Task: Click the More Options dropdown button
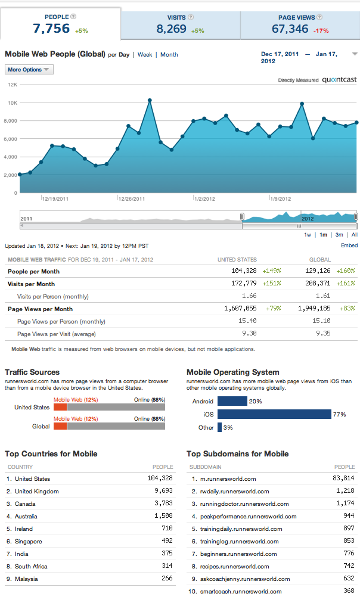[x=29, y=70]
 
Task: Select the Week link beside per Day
[x=145, y=55]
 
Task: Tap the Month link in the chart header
[x=169, y=55]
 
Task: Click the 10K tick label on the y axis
[x=13, y=103]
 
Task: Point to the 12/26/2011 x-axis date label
[x=132, y=199]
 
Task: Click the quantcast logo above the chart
[x=339, y=80]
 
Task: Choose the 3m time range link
[x=339, y=235]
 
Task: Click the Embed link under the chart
[x=349, y=246]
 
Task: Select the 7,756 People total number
[x=51, y=29]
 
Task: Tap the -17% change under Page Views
[x=321, y=30]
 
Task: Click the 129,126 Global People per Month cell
[x=318, y=271]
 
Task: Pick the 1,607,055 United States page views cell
[x=240, y=309]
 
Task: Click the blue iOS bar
[x=274, y=414]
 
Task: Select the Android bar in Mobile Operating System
[x=232, y=401]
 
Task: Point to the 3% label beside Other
[x=228, y=428]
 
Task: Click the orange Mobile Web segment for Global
[x=60, y=426]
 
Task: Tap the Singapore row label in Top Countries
[x=29, y=542]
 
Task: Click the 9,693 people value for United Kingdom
[x=163, y=491]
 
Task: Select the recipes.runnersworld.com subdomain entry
[x=235, y=566]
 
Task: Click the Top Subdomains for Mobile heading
[x=238, y=453]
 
